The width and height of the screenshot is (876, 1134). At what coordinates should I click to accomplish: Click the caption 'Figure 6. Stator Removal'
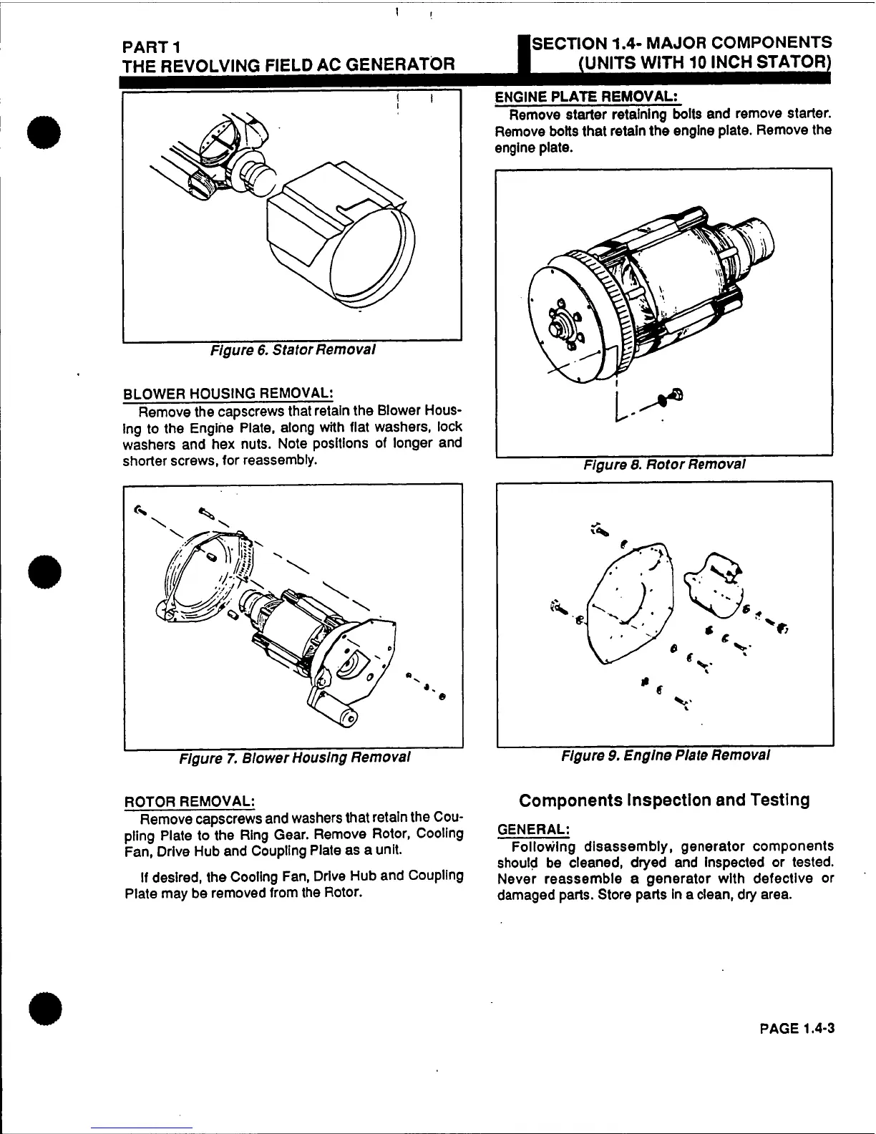[292, 351]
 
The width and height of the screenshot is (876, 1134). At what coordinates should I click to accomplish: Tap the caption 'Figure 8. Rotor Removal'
[665, 464]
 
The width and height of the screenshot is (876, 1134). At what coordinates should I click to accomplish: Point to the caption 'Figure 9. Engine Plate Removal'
[666, 755]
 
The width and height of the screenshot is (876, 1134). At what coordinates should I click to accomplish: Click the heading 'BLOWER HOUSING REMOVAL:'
[228, 394]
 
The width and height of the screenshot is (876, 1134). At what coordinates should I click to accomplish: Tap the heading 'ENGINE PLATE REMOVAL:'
[587, 97]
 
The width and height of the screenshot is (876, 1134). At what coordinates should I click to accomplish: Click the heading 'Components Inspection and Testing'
[664, 800]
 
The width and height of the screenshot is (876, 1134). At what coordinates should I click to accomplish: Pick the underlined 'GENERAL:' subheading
[532, 829]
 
